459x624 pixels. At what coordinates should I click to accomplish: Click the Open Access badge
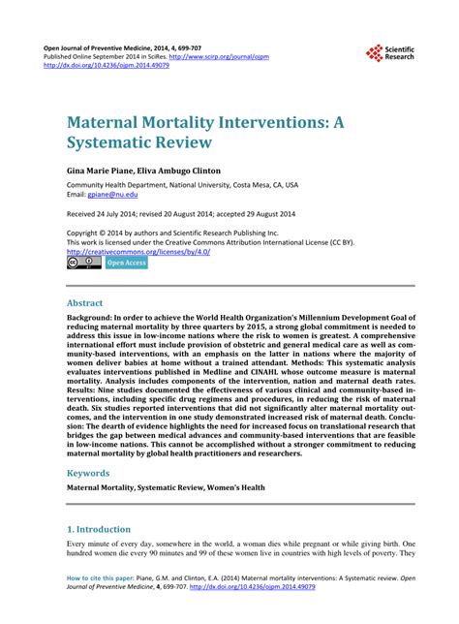(126, 263)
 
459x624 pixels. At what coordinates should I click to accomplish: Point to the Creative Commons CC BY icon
(83, 263)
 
